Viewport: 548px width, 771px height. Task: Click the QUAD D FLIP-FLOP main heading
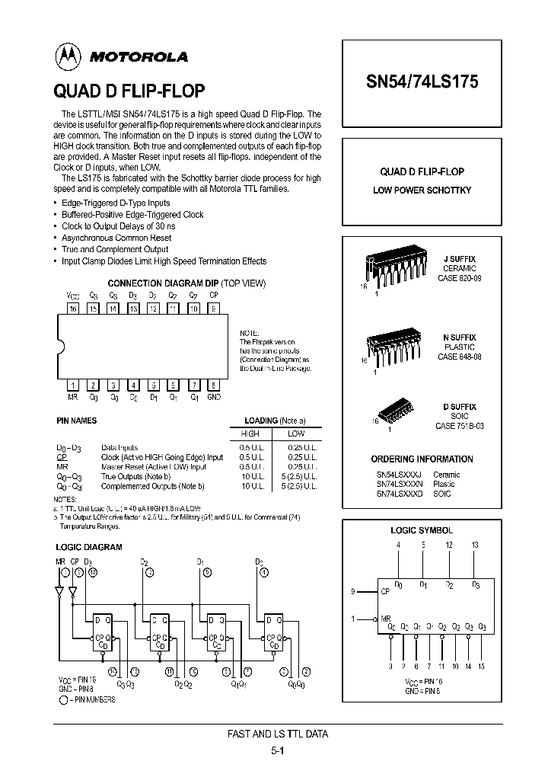129,91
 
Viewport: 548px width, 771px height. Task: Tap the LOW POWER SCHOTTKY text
422,190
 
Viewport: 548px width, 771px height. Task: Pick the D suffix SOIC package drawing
396,411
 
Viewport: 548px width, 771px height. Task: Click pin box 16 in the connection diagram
73,309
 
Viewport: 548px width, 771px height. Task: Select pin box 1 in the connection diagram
73,385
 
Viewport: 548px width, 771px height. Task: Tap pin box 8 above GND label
214,385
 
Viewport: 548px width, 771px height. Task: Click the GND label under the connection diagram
214,398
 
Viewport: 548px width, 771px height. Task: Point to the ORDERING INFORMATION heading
422,459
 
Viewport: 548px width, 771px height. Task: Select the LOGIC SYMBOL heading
422,530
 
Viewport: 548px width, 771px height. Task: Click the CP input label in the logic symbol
385,590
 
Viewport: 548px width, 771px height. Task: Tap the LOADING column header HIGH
250,433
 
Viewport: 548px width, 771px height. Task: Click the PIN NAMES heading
77,421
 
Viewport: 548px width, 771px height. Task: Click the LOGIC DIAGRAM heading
88,547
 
